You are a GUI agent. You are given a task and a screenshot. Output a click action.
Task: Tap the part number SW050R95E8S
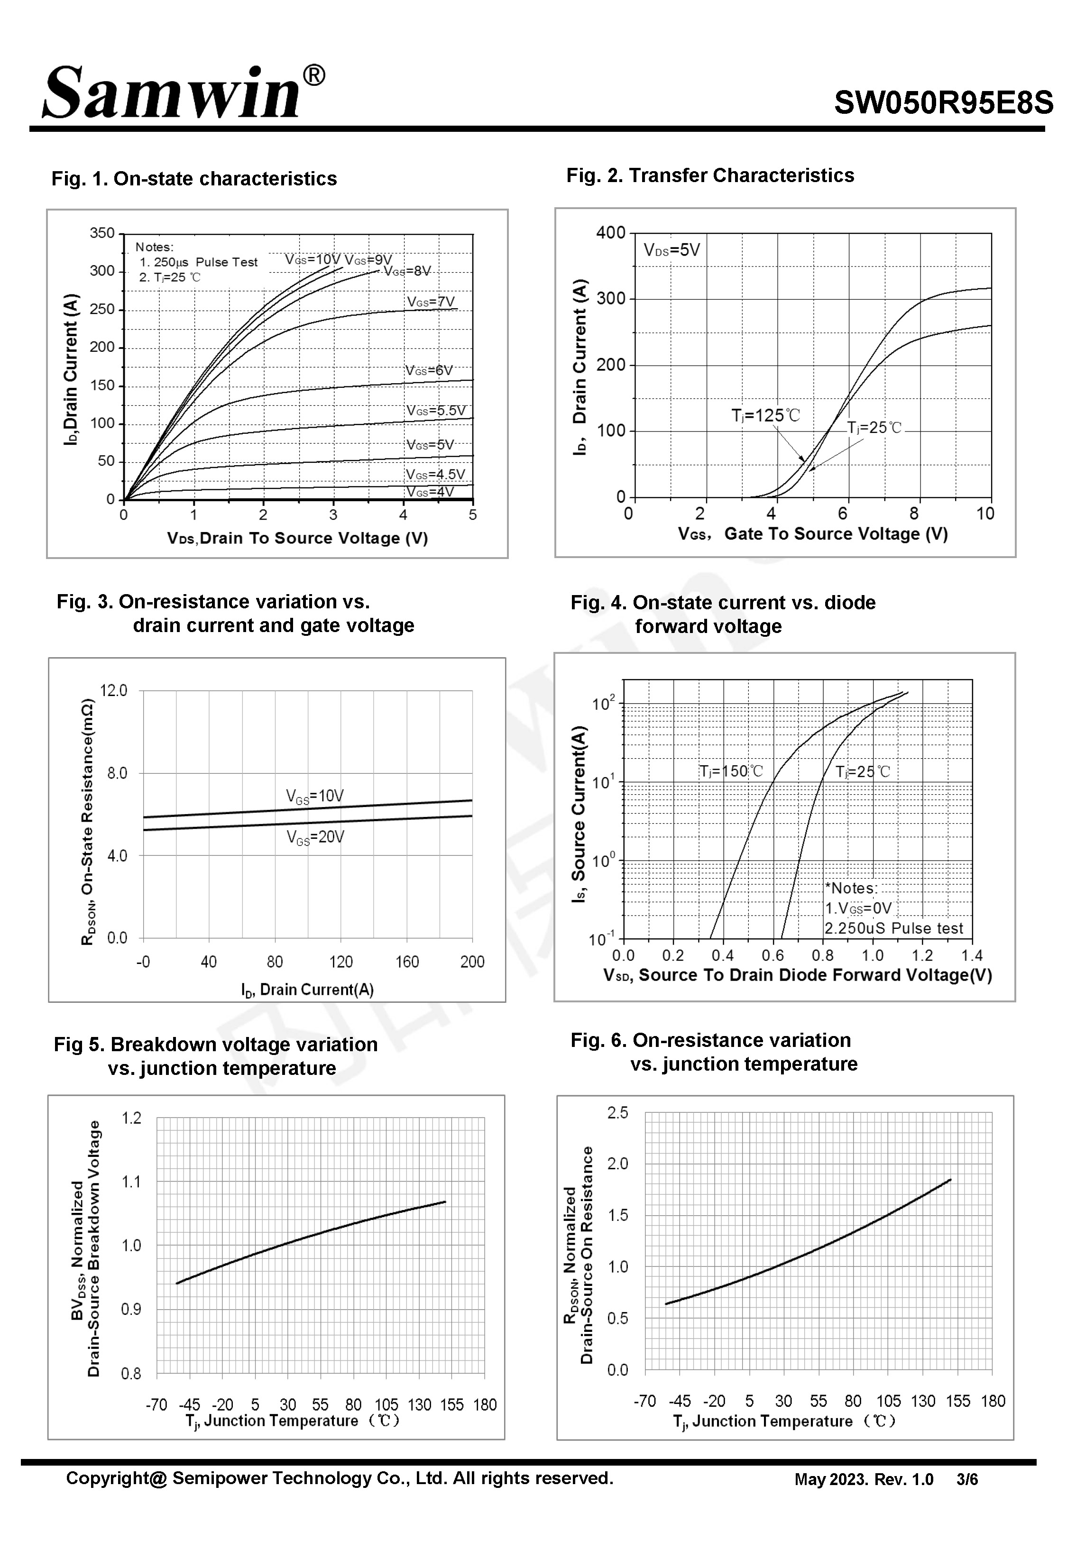click(x=943, y=103)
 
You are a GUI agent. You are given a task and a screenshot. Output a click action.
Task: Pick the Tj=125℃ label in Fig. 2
click(x=765, y=416)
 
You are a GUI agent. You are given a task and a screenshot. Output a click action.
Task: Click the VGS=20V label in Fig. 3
click(x=315, y=837)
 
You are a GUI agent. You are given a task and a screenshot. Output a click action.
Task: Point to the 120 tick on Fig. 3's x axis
click(x=341, y=962)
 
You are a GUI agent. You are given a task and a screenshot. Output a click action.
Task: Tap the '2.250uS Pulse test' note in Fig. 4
click(x=893, y=928)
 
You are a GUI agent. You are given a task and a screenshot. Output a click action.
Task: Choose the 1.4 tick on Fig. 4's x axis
click(x=971, y=955)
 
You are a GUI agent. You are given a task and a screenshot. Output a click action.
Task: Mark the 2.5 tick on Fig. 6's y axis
click(x=618, y=1113)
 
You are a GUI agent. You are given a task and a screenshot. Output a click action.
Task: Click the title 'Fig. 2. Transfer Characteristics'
click(x=710, y=176)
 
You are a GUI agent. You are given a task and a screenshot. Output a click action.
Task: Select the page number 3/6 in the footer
click(x=967, y=1479)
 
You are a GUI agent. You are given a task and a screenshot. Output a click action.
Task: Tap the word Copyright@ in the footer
click(x=116, y=1478)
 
